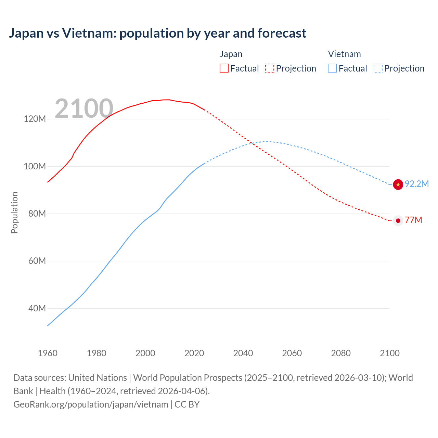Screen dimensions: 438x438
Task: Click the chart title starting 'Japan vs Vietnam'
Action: [x=157, y=33]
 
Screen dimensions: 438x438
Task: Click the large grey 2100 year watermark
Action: [x=84, y=108]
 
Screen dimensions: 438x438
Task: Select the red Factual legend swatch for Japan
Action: [x=224, y=68]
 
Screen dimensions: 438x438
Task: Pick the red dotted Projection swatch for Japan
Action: [x=270, y=68]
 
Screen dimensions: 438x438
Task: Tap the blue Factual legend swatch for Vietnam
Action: [x=332, y=68]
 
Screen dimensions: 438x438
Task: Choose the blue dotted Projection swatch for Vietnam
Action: [x=378, y=68]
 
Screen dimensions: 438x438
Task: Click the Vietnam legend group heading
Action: [x=344, y=54]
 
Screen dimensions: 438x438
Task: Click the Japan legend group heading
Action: [x=231, y=54]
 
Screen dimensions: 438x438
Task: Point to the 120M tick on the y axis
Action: [x=35, y=119]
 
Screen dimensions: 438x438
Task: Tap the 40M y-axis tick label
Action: [x=37, y=308]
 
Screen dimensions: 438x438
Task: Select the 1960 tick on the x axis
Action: [x=48, y=353]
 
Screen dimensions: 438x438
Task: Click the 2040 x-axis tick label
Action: [x=243, y=353]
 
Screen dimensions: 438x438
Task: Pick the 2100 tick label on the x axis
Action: [x=389, y=353]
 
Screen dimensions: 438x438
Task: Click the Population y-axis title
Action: [x=14, y=212]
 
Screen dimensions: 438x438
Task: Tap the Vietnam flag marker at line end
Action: [x=398, y=184]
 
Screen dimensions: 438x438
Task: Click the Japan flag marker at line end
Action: [x=398, y=221]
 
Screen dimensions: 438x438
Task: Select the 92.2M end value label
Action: [x=416, y=184]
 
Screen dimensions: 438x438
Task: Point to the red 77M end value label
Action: [x=413, y=220]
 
